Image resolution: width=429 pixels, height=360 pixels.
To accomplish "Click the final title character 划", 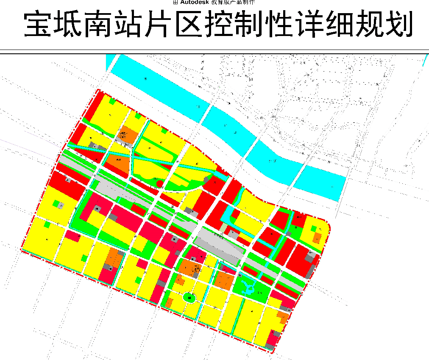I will pyautogui.click(x=397, y=26).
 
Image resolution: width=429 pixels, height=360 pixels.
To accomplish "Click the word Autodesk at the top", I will pyautogui.click(x=196, y=2).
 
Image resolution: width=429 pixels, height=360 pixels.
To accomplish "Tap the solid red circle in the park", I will pyautogui.click(x=160, y=183).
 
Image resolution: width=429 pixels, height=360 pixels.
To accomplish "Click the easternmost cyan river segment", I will pyautogui.click(x=320, y=183).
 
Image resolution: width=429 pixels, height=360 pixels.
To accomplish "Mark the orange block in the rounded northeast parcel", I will pyautogui.click(x=318, y=238).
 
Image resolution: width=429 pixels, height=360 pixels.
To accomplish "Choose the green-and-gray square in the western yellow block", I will pyautogui.click(x=56, y=205).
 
